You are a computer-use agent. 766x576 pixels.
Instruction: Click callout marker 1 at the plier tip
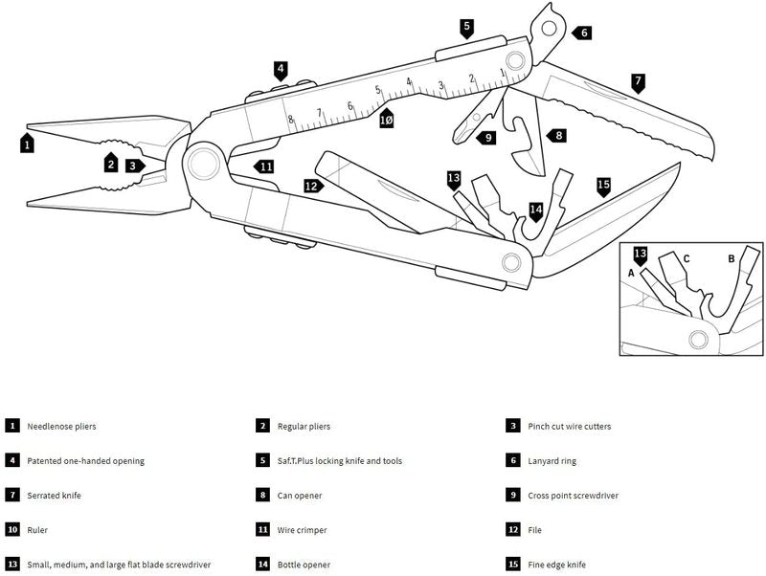pyautogui.click(x=28, y=145)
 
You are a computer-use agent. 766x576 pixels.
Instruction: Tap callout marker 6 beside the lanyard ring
pyautogui.click(x=583, y=33)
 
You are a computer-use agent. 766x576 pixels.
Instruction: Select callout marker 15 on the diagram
pyautogui.click(x=602, y=185)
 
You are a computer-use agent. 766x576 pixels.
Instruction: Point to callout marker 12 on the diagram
pyautogui.click(x=311, y=187)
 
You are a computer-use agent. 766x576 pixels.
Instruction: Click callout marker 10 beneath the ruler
pyautogui.click(x=386, y=121)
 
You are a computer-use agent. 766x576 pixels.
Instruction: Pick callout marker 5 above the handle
pyautogui.click(x=466, y=26)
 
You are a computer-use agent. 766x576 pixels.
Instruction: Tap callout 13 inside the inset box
pyautogui.click(x=641, y=254)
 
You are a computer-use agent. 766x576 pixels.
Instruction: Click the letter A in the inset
pyautogui.click(x=631, y=273)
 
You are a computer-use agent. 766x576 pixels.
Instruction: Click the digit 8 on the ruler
pyautogui.click(x=291, y=120)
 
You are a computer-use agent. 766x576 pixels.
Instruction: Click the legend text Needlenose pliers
pyautogui.click(x=62, y=426)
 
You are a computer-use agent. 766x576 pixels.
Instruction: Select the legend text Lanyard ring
pyautogui.click(x=552, y=460)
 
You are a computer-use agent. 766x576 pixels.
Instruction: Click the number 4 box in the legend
pyautogui.click(x=11, y=460)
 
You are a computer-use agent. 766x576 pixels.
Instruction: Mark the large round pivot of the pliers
pyautogui.click(x=203, y=162)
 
